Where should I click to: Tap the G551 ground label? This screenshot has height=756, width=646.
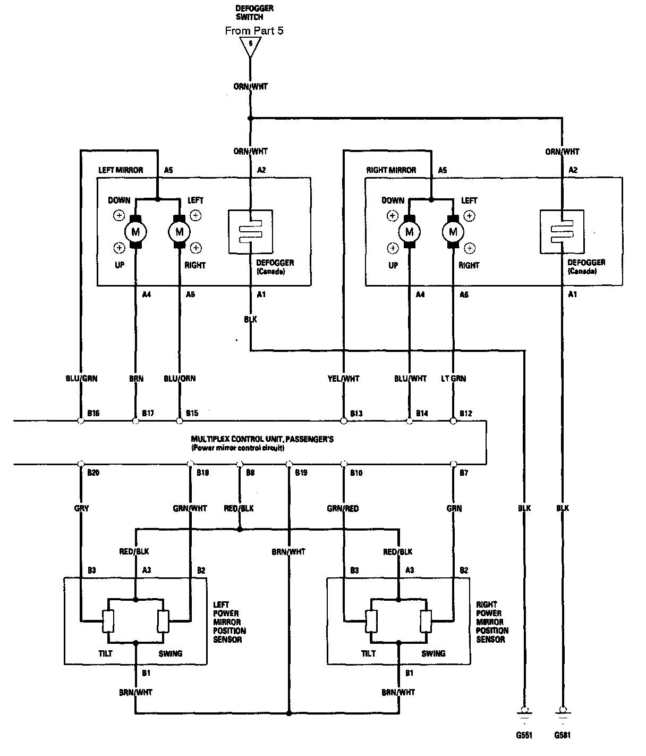[524, 736]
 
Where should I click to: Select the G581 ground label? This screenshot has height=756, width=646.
[562, 736]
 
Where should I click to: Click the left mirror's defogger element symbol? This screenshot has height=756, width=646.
[250, 232]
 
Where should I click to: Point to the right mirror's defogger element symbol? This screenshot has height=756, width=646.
[562, 232]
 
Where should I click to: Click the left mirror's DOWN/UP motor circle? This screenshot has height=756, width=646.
[135, 231]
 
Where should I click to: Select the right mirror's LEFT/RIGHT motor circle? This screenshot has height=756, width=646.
[453, 231]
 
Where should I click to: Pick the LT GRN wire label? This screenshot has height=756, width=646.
[453, 379]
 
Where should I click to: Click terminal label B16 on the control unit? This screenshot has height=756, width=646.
[92, 413]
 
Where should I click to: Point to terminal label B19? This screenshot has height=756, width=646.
[301, 473]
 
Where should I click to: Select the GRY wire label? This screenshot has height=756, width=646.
[81, 508]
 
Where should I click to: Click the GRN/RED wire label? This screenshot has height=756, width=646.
[343, 508]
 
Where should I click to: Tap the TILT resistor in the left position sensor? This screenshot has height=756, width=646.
[108, 620]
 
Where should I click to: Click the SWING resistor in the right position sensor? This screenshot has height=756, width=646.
[425, 620]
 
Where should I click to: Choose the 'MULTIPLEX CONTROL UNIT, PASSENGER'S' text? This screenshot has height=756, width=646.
[262, 439]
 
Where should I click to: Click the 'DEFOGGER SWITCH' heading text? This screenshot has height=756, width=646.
[254, 13]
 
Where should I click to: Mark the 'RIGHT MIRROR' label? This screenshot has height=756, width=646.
[391, 170]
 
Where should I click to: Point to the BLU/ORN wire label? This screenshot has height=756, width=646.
[180, 379]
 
